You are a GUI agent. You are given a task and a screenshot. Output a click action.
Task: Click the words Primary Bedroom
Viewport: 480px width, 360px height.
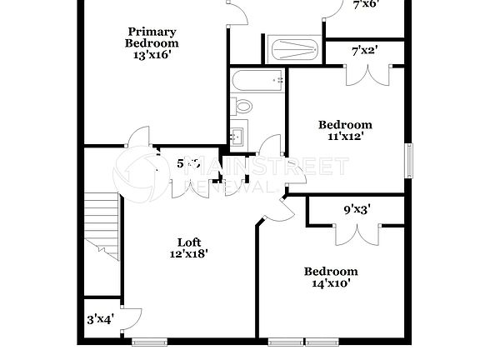(x=151, y=37)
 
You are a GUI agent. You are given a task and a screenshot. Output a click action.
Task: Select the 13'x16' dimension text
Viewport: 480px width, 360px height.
(x=151, y=56)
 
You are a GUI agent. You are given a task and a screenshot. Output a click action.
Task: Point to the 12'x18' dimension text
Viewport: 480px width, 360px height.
(x=190, y=253)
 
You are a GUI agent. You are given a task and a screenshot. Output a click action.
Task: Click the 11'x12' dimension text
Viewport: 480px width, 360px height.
(x=345, y=137)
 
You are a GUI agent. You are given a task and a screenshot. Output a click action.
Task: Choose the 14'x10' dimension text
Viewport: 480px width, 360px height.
(x=331, y=282)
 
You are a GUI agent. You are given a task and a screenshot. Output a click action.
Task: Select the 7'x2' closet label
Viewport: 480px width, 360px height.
(x=365, y=51)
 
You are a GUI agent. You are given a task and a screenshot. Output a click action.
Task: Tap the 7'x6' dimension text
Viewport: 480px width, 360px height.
(x=366, y=4)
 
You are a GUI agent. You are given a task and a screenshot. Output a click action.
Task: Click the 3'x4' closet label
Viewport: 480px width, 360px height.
(x=100, y=318)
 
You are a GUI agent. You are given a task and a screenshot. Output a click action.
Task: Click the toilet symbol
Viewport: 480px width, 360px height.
(x=243, y=106)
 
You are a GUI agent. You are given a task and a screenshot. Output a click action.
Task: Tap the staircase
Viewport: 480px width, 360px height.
(x=102, y=222)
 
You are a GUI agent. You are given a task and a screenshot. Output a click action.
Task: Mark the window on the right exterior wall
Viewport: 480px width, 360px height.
(x=409, y=161)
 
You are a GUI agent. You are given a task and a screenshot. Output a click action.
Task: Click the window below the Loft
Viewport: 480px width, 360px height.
(x=150, y=341)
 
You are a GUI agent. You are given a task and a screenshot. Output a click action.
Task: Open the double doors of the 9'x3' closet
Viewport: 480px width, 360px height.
(x=357, y=232)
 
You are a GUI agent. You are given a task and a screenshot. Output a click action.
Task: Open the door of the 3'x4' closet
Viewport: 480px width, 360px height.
(x=129, y=320)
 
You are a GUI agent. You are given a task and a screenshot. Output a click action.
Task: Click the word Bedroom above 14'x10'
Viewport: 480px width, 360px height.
(x=331, y=271)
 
